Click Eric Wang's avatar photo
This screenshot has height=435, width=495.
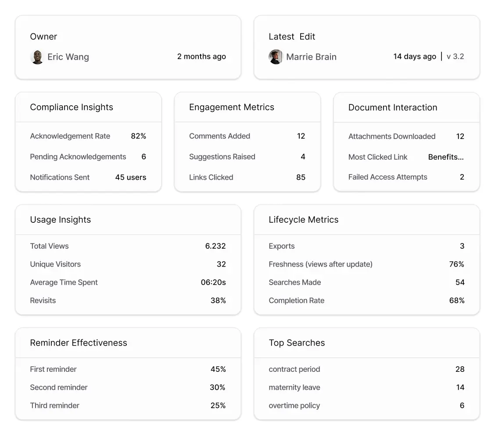(37, 57)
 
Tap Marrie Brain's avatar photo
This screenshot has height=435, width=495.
(276, 57)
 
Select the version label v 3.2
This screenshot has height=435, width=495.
(455, 57)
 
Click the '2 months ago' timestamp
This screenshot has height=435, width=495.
(201, 57)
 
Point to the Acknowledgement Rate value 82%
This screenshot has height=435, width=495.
(138, 136)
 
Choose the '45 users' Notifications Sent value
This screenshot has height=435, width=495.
(130, 177)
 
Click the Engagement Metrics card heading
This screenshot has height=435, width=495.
(231, 107)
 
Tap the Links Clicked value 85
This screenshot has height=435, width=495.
(301, 177)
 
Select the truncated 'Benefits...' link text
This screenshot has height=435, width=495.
(445, 157)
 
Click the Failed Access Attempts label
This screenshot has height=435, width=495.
(387, 177)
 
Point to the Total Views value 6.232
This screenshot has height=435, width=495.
(215, 246)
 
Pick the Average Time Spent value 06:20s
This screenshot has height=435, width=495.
(213, 282)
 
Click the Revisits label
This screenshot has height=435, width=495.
(43, 300)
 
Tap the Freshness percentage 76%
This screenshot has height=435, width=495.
(456, 264)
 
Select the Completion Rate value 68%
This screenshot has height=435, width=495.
(456, 300)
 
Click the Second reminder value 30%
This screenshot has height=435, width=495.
(218, 387)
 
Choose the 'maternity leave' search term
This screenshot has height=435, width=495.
(294, 387)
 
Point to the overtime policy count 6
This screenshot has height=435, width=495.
(462, 406)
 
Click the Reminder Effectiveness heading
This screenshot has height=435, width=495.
(79, 343)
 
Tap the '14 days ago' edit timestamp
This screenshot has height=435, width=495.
(415, 57)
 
